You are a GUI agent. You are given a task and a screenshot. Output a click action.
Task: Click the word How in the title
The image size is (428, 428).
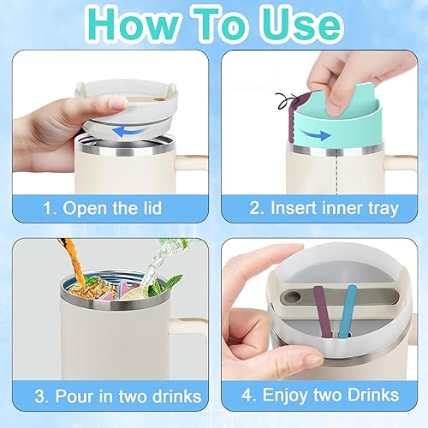point(134,25)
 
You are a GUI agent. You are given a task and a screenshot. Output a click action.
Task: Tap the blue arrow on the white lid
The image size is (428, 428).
point(128,132)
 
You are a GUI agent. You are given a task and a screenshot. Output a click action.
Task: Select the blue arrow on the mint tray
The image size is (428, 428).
point(315,134)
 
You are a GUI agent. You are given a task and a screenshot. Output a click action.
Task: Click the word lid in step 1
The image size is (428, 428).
point(152,208)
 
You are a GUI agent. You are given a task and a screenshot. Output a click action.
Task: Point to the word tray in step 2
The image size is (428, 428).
point(383,208)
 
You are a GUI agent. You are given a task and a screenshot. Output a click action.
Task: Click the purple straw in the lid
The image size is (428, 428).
point(323,311)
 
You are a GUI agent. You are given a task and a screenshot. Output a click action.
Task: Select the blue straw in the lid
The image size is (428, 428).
point(347,311)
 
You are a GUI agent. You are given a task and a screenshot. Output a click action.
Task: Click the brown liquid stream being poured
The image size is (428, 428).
point(74,263)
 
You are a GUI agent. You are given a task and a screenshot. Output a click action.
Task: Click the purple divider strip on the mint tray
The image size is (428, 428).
point(293,118)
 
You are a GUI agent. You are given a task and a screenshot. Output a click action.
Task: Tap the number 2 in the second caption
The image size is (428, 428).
point(253,208)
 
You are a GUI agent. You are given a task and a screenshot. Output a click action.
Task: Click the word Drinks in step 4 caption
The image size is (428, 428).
point(373,395)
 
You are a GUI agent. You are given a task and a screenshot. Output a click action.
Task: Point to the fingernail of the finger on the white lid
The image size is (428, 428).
point(118,103)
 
